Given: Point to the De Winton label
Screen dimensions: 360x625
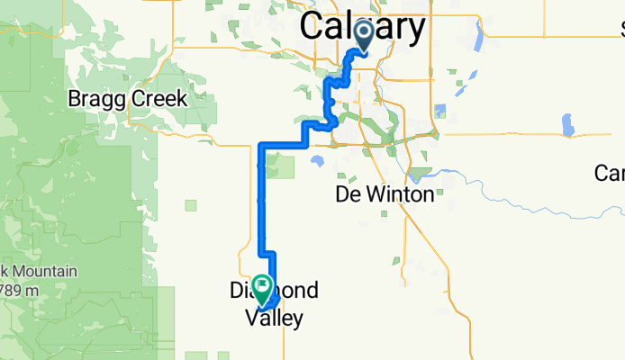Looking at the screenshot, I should pos(384,193).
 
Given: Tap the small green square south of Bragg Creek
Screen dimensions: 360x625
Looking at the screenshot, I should pos(191,205).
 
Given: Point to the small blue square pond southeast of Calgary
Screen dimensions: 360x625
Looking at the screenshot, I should pos(439,112).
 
